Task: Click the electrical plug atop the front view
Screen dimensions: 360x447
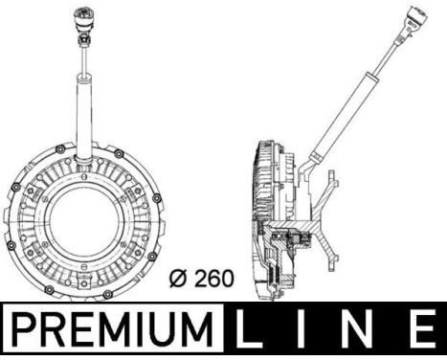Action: (x=78, y=20)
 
